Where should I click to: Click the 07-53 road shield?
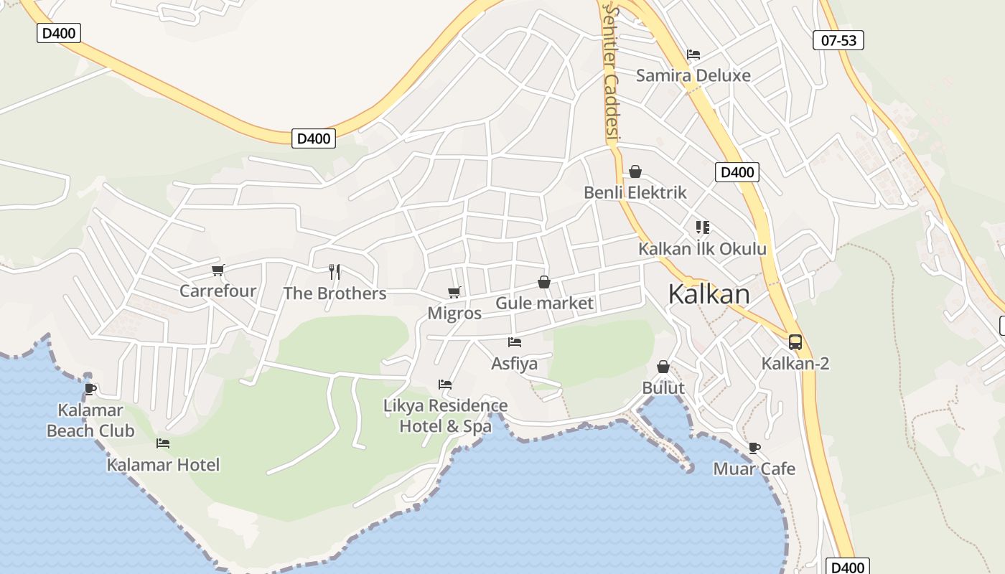[x=838, y=40]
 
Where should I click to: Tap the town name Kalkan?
[x=709, y=293]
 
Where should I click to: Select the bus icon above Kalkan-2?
[x=795, y=342]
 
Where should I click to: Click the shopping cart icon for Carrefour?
[x=218, y=270]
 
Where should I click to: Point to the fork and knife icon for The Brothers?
[x=334, y=271]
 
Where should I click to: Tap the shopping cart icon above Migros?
[x=454, y=292]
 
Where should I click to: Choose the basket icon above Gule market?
[x=544, y=282]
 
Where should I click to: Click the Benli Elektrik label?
[x=635, y=192]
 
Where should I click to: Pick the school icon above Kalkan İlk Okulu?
[x=702, y=227]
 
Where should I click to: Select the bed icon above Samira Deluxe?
[x=693, y=55]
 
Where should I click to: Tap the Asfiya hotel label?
[x=514, y=364]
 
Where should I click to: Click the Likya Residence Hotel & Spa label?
[x=445, y=415]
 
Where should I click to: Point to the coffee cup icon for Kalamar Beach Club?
[x=90, y=389]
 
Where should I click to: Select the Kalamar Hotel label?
[x=163, y=465]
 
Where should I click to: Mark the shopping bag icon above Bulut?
[x=663, y=367]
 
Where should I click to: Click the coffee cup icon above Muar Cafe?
[x=754, y=448]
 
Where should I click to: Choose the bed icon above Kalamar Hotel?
[x=163, y=443]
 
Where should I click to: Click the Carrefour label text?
[x=218, y=291]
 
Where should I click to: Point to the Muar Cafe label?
[x=754, y=469]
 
